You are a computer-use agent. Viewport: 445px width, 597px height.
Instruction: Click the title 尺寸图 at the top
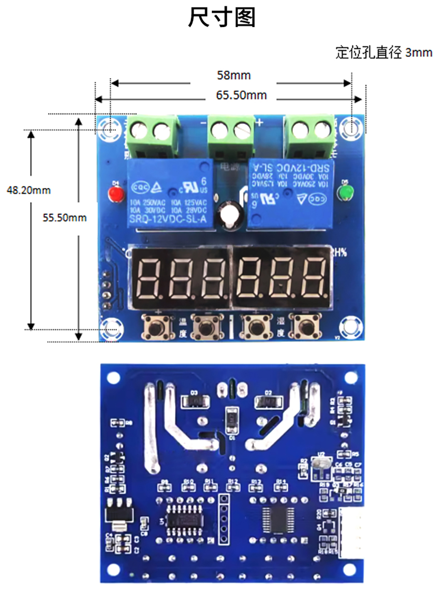point(222,18)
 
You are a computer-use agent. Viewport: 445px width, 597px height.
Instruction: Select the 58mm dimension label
point(234,75)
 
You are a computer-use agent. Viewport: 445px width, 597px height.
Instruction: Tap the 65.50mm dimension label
point(241,95)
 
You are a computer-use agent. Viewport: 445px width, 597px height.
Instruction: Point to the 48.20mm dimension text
point(29,190)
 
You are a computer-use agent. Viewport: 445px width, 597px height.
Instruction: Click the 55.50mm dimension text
point(65,218)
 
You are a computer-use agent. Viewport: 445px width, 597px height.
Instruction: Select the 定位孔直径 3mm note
point(384,52)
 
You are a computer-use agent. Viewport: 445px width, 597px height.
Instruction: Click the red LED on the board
point(115,194)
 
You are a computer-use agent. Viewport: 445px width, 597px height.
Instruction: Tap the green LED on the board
point(345,193)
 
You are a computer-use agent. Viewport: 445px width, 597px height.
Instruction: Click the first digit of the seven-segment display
point(150,279)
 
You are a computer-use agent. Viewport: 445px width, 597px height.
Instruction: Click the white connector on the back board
point(351,533)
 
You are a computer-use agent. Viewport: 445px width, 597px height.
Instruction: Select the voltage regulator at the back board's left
point(119,513)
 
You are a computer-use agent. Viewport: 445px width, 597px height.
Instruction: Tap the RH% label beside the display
point(338,252)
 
